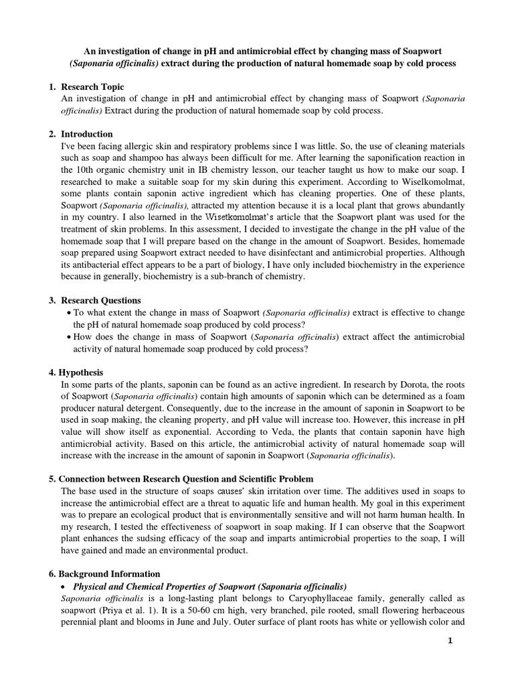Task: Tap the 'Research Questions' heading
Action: [100, 300]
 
